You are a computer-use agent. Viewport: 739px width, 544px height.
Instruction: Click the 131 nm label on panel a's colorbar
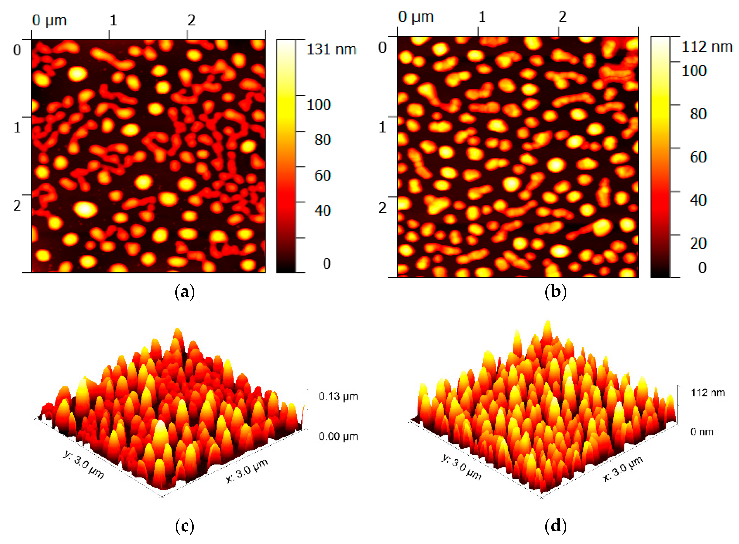331,50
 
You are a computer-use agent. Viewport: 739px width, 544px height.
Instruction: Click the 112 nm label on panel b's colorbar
707,47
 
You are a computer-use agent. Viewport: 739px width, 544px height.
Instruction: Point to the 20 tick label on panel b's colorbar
698,244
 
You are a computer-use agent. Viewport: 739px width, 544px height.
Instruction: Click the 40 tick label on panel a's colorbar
322,211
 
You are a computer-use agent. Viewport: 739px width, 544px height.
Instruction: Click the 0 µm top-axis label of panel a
49,21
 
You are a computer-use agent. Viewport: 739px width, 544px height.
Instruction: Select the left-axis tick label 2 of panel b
382,208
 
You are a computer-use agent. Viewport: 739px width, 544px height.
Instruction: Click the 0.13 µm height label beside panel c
338,396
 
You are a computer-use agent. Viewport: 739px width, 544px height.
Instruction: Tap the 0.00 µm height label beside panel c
338,437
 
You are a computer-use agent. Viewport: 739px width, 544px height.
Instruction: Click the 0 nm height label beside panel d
702,432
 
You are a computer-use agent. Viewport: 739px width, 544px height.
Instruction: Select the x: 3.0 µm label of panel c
247,470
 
